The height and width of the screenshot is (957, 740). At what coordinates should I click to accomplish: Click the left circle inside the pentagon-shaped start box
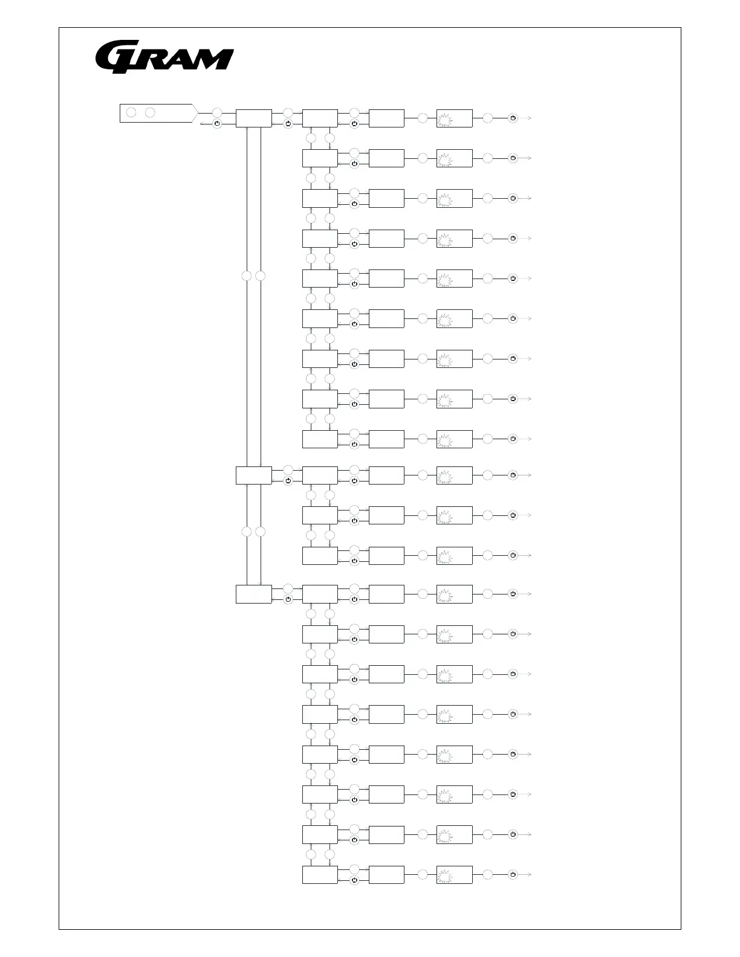(131, 113)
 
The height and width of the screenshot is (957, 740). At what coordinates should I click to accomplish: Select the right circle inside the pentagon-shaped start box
(150, 113)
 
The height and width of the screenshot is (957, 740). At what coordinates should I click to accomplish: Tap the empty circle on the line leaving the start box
(217, 113)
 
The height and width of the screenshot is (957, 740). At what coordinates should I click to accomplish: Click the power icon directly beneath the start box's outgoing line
(217, 124)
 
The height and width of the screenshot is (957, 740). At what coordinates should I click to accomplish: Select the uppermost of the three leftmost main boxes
(253, 118)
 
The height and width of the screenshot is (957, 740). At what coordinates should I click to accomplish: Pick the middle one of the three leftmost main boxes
(253, 475)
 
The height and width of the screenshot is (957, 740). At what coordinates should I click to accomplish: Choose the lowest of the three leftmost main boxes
(253, 594)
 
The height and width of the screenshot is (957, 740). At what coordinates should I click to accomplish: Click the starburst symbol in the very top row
(446, 118)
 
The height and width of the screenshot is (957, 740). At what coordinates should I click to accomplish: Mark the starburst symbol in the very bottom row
(446, 875)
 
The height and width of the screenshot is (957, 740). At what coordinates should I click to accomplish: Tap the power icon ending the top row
(513, 118)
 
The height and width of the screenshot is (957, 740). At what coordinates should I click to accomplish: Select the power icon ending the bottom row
(513, 875)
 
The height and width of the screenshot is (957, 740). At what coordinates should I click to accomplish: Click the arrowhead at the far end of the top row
(530, 118)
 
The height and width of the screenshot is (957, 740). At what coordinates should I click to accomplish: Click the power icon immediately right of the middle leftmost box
(288, 481)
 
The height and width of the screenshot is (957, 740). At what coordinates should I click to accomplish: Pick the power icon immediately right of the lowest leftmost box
(288, 599)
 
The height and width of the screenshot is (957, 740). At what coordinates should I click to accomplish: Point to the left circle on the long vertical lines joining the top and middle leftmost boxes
(247, 276)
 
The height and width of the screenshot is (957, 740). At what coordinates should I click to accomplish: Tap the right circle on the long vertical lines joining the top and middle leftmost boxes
(261, 276)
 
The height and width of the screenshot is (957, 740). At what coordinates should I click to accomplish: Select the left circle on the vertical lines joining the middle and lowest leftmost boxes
(247, 532)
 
